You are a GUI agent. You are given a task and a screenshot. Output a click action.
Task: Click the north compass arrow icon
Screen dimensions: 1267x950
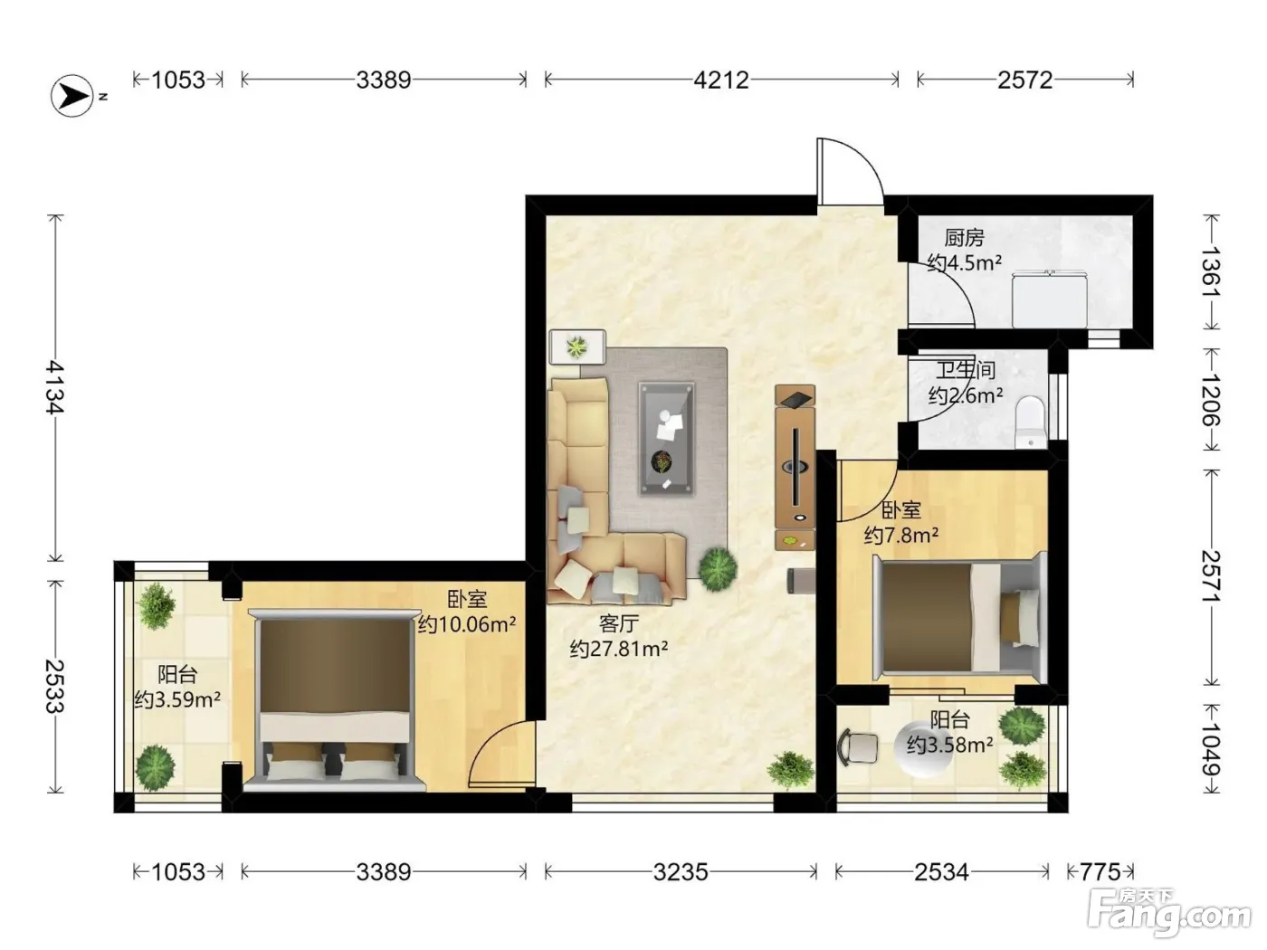pos(72,96)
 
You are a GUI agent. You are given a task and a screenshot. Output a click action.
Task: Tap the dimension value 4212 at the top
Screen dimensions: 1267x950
pos(721,81)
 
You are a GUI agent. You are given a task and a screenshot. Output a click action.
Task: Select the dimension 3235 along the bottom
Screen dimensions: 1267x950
pos(681,872)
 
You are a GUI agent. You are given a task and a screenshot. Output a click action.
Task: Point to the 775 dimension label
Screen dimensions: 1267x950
pos(1100,872)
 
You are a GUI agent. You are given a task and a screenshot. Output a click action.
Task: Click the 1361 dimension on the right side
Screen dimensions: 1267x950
pos(1211,271)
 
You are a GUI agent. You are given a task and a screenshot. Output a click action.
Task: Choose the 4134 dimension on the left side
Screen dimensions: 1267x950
pos(55,387)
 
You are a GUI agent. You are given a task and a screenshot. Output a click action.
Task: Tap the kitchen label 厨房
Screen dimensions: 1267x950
pos(964,238)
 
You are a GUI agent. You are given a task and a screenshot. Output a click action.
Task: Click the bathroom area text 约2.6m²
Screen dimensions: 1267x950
pos(965,395)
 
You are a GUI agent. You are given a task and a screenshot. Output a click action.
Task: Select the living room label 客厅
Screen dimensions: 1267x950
pos(618,623)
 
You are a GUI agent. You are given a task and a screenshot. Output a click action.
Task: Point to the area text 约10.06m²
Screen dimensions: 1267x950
pos(466,624)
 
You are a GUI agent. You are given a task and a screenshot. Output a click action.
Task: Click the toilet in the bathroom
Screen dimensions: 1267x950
pos(1030,422)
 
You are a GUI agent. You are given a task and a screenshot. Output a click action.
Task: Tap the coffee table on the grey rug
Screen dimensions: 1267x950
pos(666,439)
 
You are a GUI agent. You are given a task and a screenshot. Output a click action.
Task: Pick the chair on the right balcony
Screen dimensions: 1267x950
pos(858,748)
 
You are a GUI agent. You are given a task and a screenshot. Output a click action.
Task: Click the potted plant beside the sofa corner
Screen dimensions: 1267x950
pos(718,569)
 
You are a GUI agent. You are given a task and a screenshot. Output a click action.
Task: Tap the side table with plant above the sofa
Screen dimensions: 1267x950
pos(577,347)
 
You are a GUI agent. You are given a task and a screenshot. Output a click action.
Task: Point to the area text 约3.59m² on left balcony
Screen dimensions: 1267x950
pos(177,699)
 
